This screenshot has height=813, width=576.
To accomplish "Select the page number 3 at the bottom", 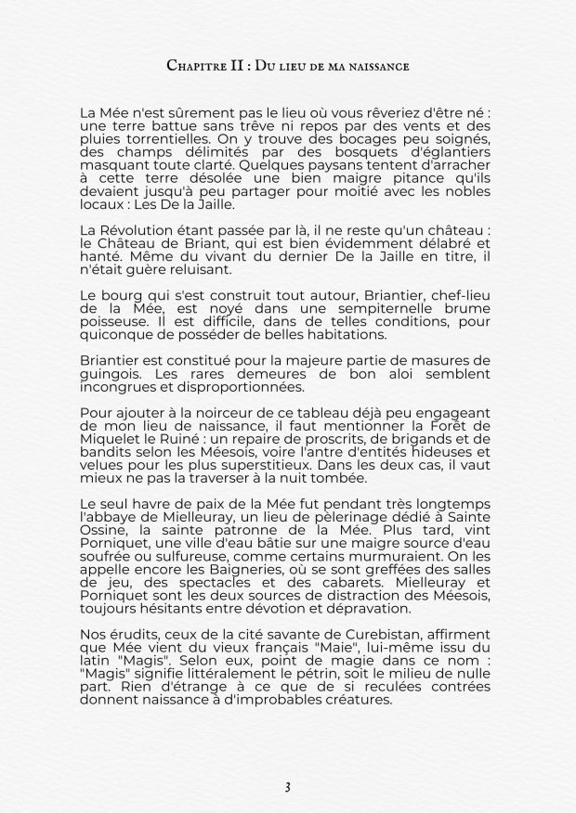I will (x=288, y=787).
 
